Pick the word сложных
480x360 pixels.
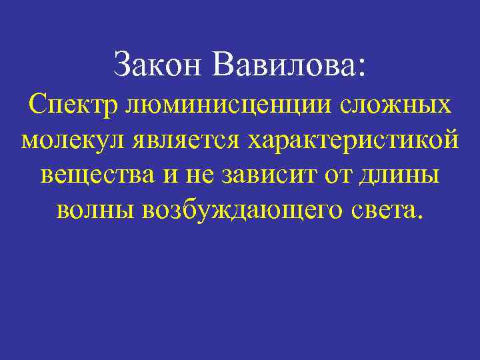click(396, 107)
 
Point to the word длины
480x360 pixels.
click(399, 177)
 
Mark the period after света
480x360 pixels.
click(419, 218)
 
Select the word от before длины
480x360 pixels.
click(338, 177)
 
